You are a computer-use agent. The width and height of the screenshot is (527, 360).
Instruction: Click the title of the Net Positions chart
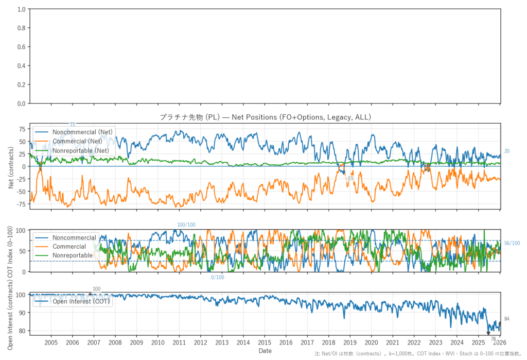point(265,117)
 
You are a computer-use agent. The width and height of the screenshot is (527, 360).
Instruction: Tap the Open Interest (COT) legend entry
point(81,301)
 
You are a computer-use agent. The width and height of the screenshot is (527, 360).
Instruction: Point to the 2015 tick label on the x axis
point(265,342)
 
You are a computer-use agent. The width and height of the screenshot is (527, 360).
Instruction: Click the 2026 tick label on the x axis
point(499,342)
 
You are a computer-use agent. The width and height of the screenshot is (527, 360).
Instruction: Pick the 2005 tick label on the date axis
point(51,342)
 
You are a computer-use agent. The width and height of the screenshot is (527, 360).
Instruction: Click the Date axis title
point(265,351)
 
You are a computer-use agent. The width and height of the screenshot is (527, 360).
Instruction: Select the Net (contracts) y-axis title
point(11,166)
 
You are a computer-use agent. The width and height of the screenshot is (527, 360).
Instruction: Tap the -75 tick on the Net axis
point(21,204)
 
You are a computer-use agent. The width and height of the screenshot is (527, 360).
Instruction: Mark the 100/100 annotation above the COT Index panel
point(186,225)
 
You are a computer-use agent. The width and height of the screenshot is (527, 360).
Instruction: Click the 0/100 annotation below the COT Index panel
point(218,278)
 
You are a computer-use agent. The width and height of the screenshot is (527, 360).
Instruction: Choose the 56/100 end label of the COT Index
point(512,243)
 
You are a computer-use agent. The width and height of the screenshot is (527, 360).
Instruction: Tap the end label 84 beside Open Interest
point(507,319)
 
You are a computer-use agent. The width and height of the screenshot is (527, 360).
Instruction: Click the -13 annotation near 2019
point(350,179)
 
